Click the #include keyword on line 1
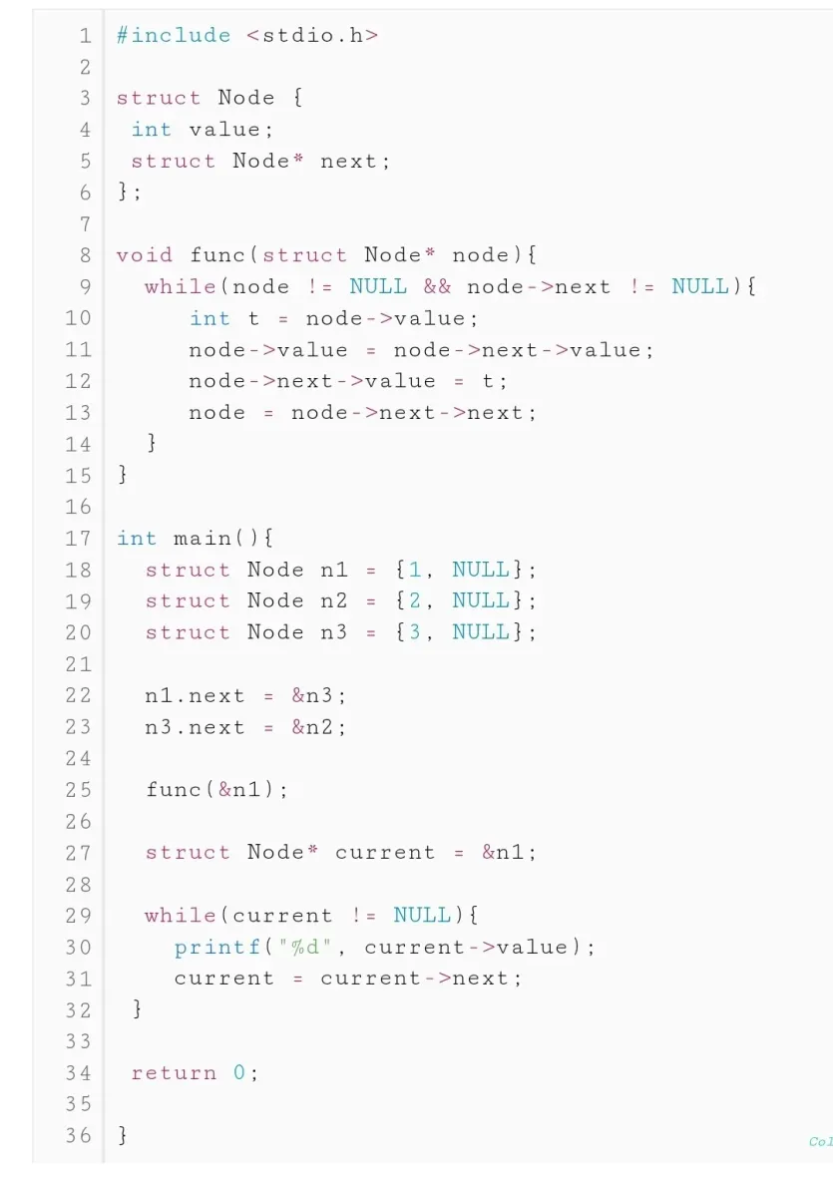[174, 36]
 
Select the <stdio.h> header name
[312, 36]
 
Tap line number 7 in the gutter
[85, 223]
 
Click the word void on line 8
[144, 255]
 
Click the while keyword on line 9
[180, 287]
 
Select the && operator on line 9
[437, 287]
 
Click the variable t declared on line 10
[253, 318]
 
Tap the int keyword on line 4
[152, 130]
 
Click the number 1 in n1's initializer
[415, 570]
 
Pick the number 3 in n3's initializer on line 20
[415, 632]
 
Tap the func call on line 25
[174, 790]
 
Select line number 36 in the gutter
[78, 1136]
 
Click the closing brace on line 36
[123, 1136]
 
